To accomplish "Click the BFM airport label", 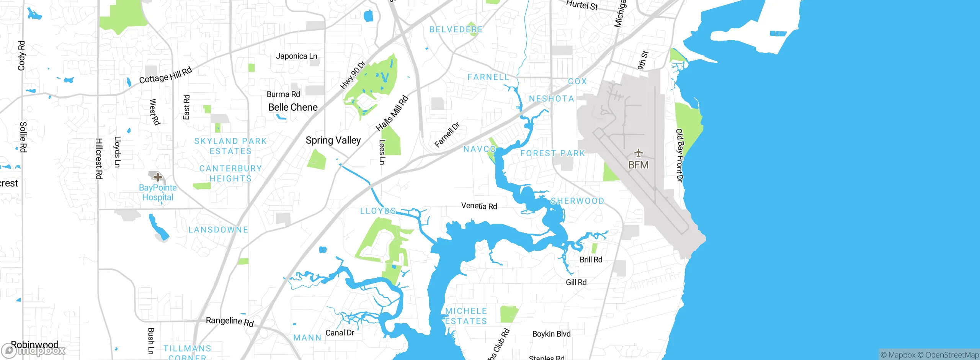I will [638, 165].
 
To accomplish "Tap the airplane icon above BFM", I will [638, 153].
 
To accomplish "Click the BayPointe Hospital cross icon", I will [157, 177].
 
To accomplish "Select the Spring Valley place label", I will [333, 140].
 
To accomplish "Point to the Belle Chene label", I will [293, 107].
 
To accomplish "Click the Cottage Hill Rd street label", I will [165, 75].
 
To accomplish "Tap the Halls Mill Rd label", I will [392, 113].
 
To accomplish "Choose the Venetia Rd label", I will [479, 206].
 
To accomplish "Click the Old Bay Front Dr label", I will [679, 155].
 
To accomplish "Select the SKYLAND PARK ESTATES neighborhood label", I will [230, 146].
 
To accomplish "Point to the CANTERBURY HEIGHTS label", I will [230, 173].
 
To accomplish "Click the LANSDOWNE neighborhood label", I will [218, 230].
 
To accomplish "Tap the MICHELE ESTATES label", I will [466, 316].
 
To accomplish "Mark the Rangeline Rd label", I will [230, 321].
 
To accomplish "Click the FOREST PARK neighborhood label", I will [553, 154].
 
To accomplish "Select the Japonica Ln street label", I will [296, 56].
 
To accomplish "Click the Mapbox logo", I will [34, 350].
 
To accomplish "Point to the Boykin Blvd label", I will [551, 334].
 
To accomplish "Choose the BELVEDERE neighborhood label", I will [456, 29].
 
